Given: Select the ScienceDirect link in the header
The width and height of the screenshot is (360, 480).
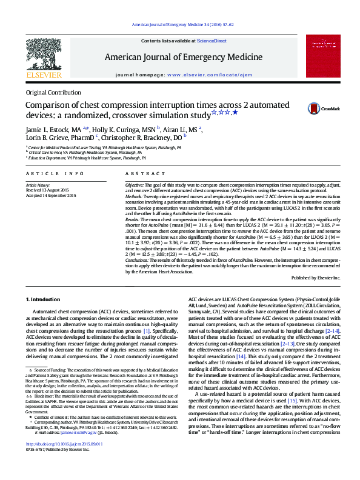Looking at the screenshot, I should pyautogui.click(x=211, y=41).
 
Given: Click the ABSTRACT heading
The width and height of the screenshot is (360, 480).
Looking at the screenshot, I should pyautogui.click(x=140, y=173).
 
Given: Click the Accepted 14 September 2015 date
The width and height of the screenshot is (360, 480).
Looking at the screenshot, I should pyautogui.click(x=51, y=195).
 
